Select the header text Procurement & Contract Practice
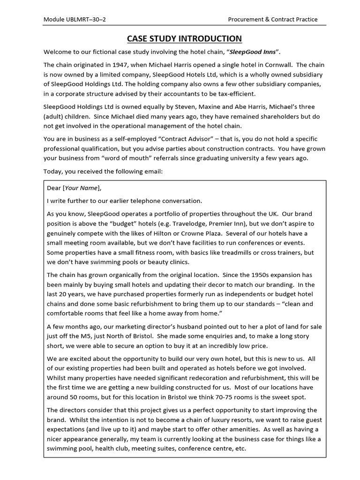pos(272,19)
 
